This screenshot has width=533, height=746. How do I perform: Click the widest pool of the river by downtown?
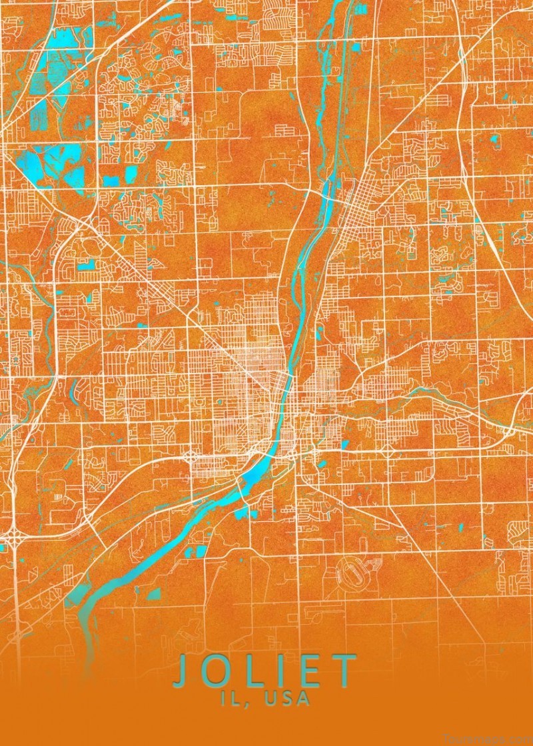pyautogui.click(x=257, y=470)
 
